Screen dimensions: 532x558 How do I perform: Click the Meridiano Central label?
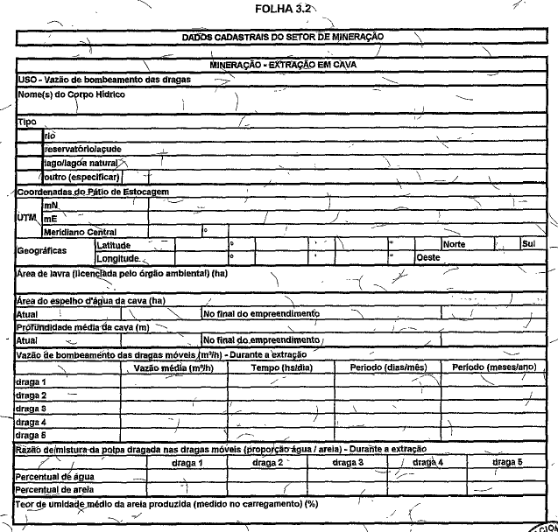(x=80, y=232)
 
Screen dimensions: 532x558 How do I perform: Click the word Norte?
(x=454, y=245)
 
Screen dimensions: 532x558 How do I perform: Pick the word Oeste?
(x=427, y=258)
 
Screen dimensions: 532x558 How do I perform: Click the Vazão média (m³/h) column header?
(x=173, y=367)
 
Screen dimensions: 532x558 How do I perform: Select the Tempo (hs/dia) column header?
(x=277, y=367)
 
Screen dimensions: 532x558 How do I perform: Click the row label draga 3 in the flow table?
(x=32, y=409)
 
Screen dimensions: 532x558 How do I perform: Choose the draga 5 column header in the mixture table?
(x=507, y=461)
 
